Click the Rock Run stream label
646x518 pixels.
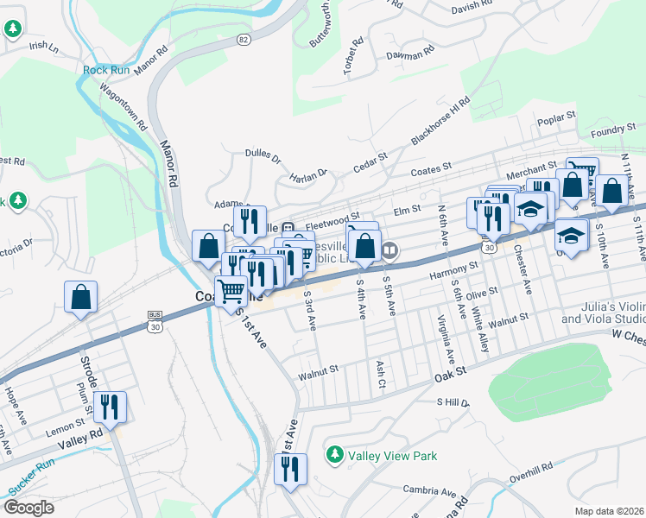pyautogui.click(x=106, y=70)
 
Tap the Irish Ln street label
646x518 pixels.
pyautogui.click(x=42, y=47)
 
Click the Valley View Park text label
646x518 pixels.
pyautogui.click(x=392, y=455)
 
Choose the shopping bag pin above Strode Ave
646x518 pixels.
pyautogui.click(x=80, y=297)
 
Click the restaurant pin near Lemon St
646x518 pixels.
pyautogui.click(x=110, y=407)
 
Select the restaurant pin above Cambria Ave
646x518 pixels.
pyautogui.click(x=289, y=469)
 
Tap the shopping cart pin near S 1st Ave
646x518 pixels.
pyautogui.click(x=231, y=292)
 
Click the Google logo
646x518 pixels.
pyautogui.click(x=28, y=507)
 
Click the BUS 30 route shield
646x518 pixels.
pyautogui.click(x=155, y=319)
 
